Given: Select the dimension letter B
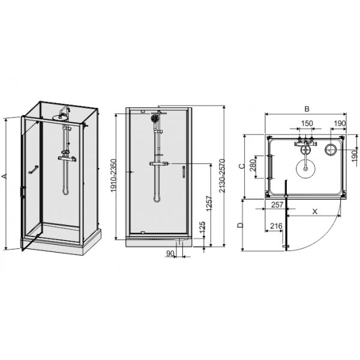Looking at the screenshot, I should (x=306, y=110).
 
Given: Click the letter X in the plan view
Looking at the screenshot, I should (x=315, y=211).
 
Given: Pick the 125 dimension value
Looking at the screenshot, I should (x=202, y=229).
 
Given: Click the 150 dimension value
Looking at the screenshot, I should (x=307, y=124).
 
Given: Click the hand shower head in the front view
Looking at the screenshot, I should (x=155, y=119).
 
